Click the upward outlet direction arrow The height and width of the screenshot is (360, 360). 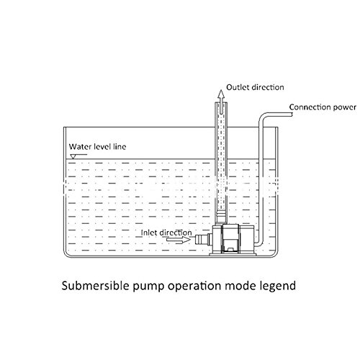pos(221,102)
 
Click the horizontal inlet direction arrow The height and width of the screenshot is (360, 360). pos(179,239)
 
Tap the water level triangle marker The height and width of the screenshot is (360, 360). pos(73,156)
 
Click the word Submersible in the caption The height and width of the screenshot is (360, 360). pos(95,286)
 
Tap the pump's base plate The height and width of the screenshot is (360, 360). pos(233,254)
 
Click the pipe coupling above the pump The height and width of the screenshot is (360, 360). pos(221,217)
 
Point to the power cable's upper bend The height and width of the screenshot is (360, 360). pos(263,117)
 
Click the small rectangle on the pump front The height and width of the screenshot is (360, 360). pos(231,249)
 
